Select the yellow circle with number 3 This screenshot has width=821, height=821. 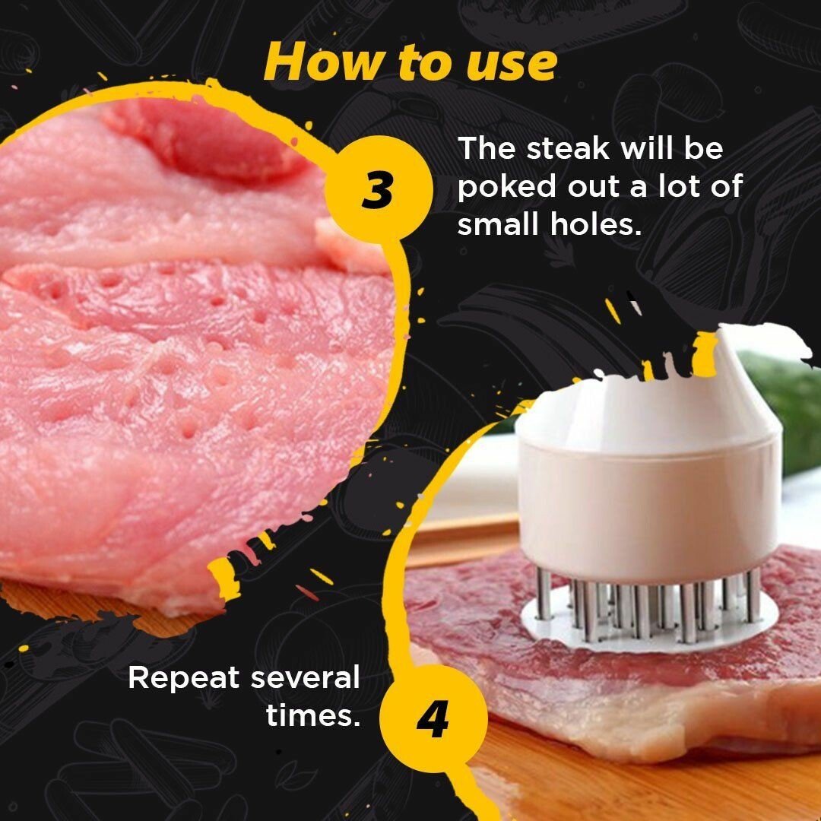point(378,191)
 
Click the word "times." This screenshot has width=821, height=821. point(312,715)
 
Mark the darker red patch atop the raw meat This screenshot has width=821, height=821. point(205,141)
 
